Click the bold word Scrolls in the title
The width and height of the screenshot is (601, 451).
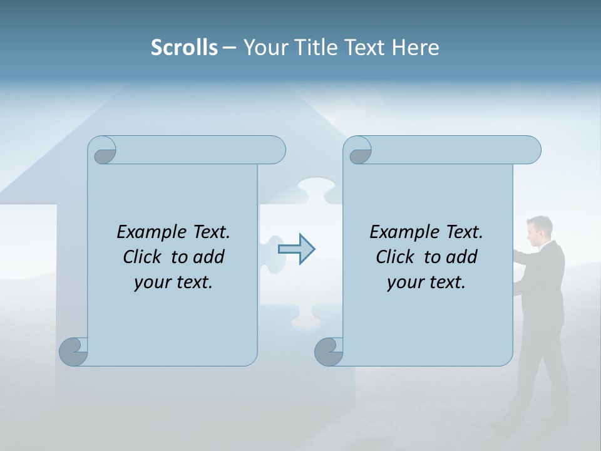pyautogui.click(x=184, y=48)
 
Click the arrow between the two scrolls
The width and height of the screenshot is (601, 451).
pyautogui.click(x=296, y=249)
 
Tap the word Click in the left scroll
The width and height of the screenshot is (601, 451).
pyautogui.click(x=144, y=257)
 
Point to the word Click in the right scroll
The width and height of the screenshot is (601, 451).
pyautogui.click(x=397, y=257)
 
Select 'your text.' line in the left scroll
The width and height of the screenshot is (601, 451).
pyautogui.click(x=173, y=282)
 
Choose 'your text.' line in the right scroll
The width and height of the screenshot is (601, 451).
pyautogui.click(x=426, y=282)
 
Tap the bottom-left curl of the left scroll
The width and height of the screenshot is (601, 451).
pyautogui.click(x=73, y=351)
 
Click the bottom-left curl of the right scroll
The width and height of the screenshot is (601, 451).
pyautogui.click(x=329, y=351)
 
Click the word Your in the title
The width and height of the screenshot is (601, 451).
pyautogui.click(x=265, y=48)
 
